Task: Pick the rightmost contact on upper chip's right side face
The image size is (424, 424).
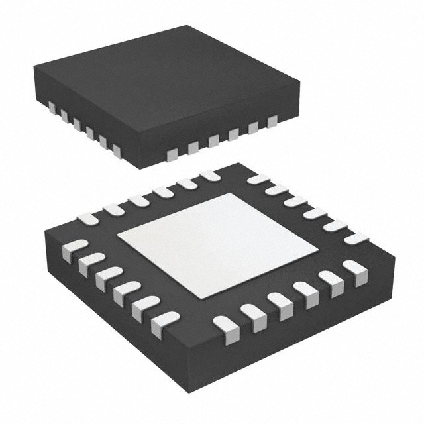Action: point(272,121)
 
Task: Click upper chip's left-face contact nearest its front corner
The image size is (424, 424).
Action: point(117,151)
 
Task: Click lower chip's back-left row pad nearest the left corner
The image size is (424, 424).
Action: point(86,218)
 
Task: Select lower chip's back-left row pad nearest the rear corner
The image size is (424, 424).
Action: point(209,176)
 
